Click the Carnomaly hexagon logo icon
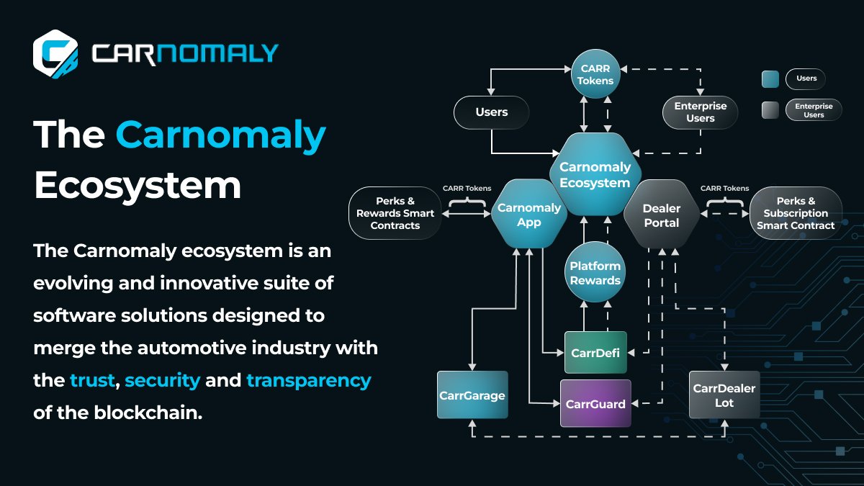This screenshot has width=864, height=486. (55, 52)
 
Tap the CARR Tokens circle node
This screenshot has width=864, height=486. (596, 75)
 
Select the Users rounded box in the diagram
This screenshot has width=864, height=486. (491, 112)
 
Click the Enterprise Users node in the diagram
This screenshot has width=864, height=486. (700, 112)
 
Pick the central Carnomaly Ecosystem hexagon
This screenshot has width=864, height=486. (595, 174)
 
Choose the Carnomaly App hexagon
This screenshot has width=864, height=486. (528, 215)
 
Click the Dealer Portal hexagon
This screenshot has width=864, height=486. (661, 215)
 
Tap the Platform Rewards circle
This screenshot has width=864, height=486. (595, 273)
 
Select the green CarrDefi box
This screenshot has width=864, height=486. (595, 352)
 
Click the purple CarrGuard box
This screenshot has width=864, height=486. (595, 403)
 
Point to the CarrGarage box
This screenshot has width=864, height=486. (472, 395)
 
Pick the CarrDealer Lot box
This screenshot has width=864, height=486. (724, 395)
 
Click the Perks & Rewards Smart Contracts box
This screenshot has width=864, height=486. (395, 213)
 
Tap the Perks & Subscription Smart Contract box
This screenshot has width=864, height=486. (796, 213)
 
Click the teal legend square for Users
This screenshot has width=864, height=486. (770, 78)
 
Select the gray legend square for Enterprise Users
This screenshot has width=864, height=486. (770, 110)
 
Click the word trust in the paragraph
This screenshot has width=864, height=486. (92, 379)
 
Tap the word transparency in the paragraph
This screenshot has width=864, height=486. (308, 379)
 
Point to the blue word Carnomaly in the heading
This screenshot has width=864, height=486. (220, 135)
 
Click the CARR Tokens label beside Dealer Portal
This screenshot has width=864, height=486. (724, 189)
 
